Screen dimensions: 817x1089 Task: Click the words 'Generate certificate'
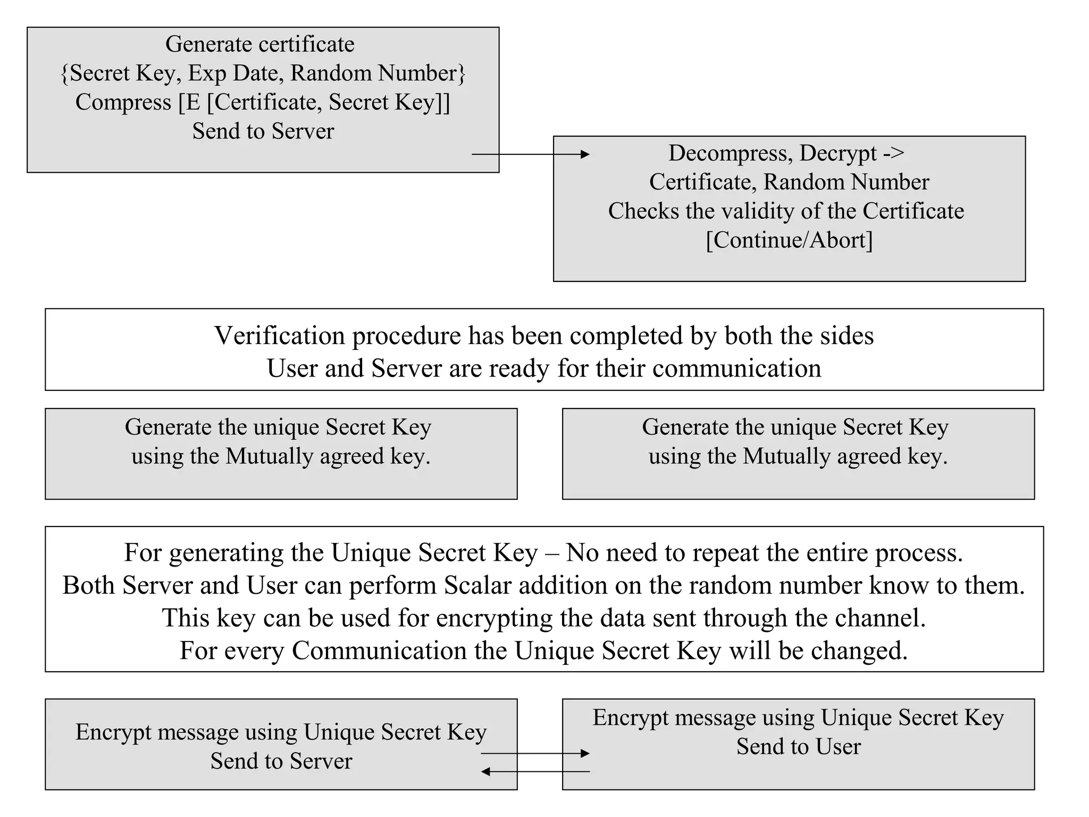click(259, 44)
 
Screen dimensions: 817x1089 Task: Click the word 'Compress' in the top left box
click(123, 102)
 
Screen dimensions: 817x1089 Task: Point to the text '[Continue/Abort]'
click(789, 240)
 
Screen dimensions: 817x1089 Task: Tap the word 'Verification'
click(279, 336)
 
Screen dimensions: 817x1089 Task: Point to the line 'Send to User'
click(798, 747)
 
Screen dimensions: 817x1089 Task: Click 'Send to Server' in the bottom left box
click(281, 761)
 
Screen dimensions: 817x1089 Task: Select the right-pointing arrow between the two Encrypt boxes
click(535, 753)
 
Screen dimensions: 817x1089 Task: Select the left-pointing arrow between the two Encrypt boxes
click(535, 771)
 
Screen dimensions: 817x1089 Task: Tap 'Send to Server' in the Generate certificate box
click(263, 131)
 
